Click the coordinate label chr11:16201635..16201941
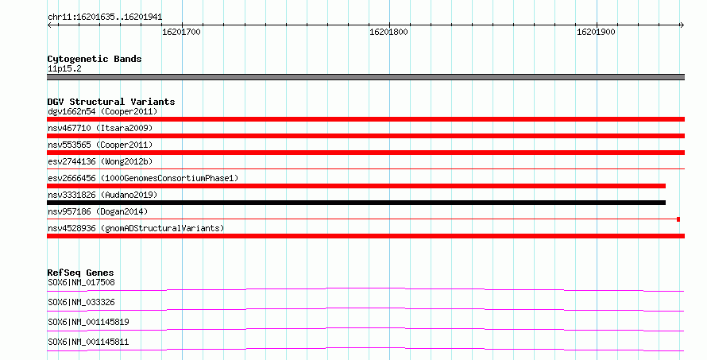click(105, 17)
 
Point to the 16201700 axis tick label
click(181, 32)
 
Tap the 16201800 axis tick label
click(388, 32)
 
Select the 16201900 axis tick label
click(596, 32)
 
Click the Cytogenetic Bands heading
click(95, 59)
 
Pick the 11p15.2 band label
click(64, 68)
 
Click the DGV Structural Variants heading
click(111, 102)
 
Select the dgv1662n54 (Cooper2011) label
click(102, 111)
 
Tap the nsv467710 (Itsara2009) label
click(100, 128)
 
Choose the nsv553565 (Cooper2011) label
click(100, 145)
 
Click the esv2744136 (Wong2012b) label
click(100, 161)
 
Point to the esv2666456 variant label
click(143, 178)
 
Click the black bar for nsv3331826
click(356, 203)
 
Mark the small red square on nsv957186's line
click(678, 219)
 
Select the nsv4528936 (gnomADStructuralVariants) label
click(136, 228)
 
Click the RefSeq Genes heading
click(81, 273)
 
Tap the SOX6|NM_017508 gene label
click(81, 282)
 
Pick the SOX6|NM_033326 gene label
click(81, 302)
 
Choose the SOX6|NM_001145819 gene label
click(88, 322)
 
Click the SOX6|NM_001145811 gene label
click(88, 342)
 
